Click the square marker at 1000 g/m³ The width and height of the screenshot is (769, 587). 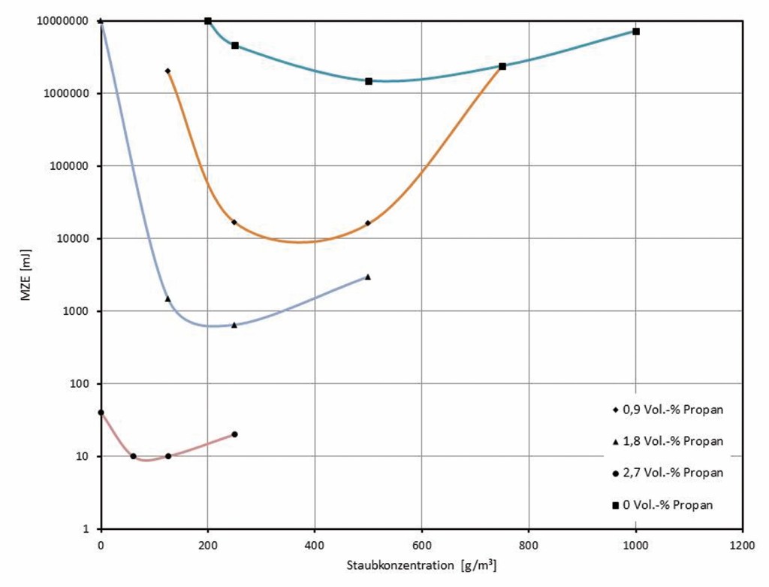pos(636,32)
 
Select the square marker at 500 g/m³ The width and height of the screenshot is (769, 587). pos(369,81)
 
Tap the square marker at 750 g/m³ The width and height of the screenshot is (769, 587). pos(502,66)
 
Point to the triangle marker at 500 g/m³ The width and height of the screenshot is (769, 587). pos(368,277)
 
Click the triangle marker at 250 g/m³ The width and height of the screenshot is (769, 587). pos(234,325)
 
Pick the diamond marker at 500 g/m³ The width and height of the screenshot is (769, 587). pos(368,223)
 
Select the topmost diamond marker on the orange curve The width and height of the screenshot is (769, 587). pos(167,71)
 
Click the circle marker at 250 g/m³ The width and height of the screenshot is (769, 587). pos(234,434)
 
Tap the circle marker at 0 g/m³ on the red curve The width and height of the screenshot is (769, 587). pos(101,413)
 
